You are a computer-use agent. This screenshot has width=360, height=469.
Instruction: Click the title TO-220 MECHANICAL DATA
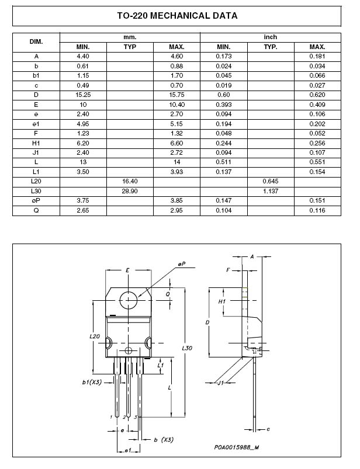pyautogui.click(x=177, y=16)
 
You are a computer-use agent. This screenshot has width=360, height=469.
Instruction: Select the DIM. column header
pyautogui.click(x=36, y=41)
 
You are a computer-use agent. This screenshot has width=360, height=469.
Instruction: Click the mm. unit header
pyautogui.click(x=130, y=37)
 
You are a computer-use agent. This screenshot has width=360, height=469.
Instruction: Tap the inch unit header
pyautogui.click(x=271, y=37)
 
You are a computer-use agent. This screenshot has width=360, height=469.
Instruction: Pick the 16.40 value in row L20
pyautogui.click(x=130, y=182)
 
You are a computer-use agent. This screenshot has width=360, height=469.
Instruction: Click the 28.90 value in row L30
pyautogui.click(x=130, y=191)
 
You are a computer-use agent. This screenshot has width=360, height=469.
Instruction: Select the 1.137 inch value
pyautogui.click(x=271, y=191)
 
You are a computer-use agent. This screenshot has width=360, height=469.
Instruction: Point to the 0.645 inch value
pyautogui.click(x=271, y=182)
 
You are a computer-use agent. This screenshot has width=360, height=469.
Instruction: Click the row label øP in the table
pyautogui.click(x=36, y=200)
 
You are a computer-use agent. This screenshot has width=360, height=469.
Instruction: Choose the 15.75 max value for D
pyautogui.click(x=176, y=95)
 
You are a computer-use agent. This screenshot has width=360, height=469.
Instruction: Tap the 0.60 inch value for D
pyautogui.click(x=224, y=95)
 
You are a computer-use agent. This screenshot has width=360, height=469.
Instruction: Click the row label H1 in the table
pyautogui.click(x=36, y=143)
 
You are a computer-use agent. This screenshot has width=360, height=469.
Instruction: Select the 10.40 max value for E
pyautogui.click(x=176, y=105)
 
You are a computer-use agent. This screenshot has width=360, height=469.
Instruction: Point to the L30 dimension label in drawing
pyautogui.click(x=187, y=348)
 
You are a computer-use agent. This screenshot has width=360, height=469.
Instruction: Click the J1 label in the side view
pyautogui.click(x=220, y=383)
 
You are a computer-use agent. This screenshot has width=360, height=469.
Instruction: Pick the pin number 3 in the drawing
pyautogui.click(x=136, y=416)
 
